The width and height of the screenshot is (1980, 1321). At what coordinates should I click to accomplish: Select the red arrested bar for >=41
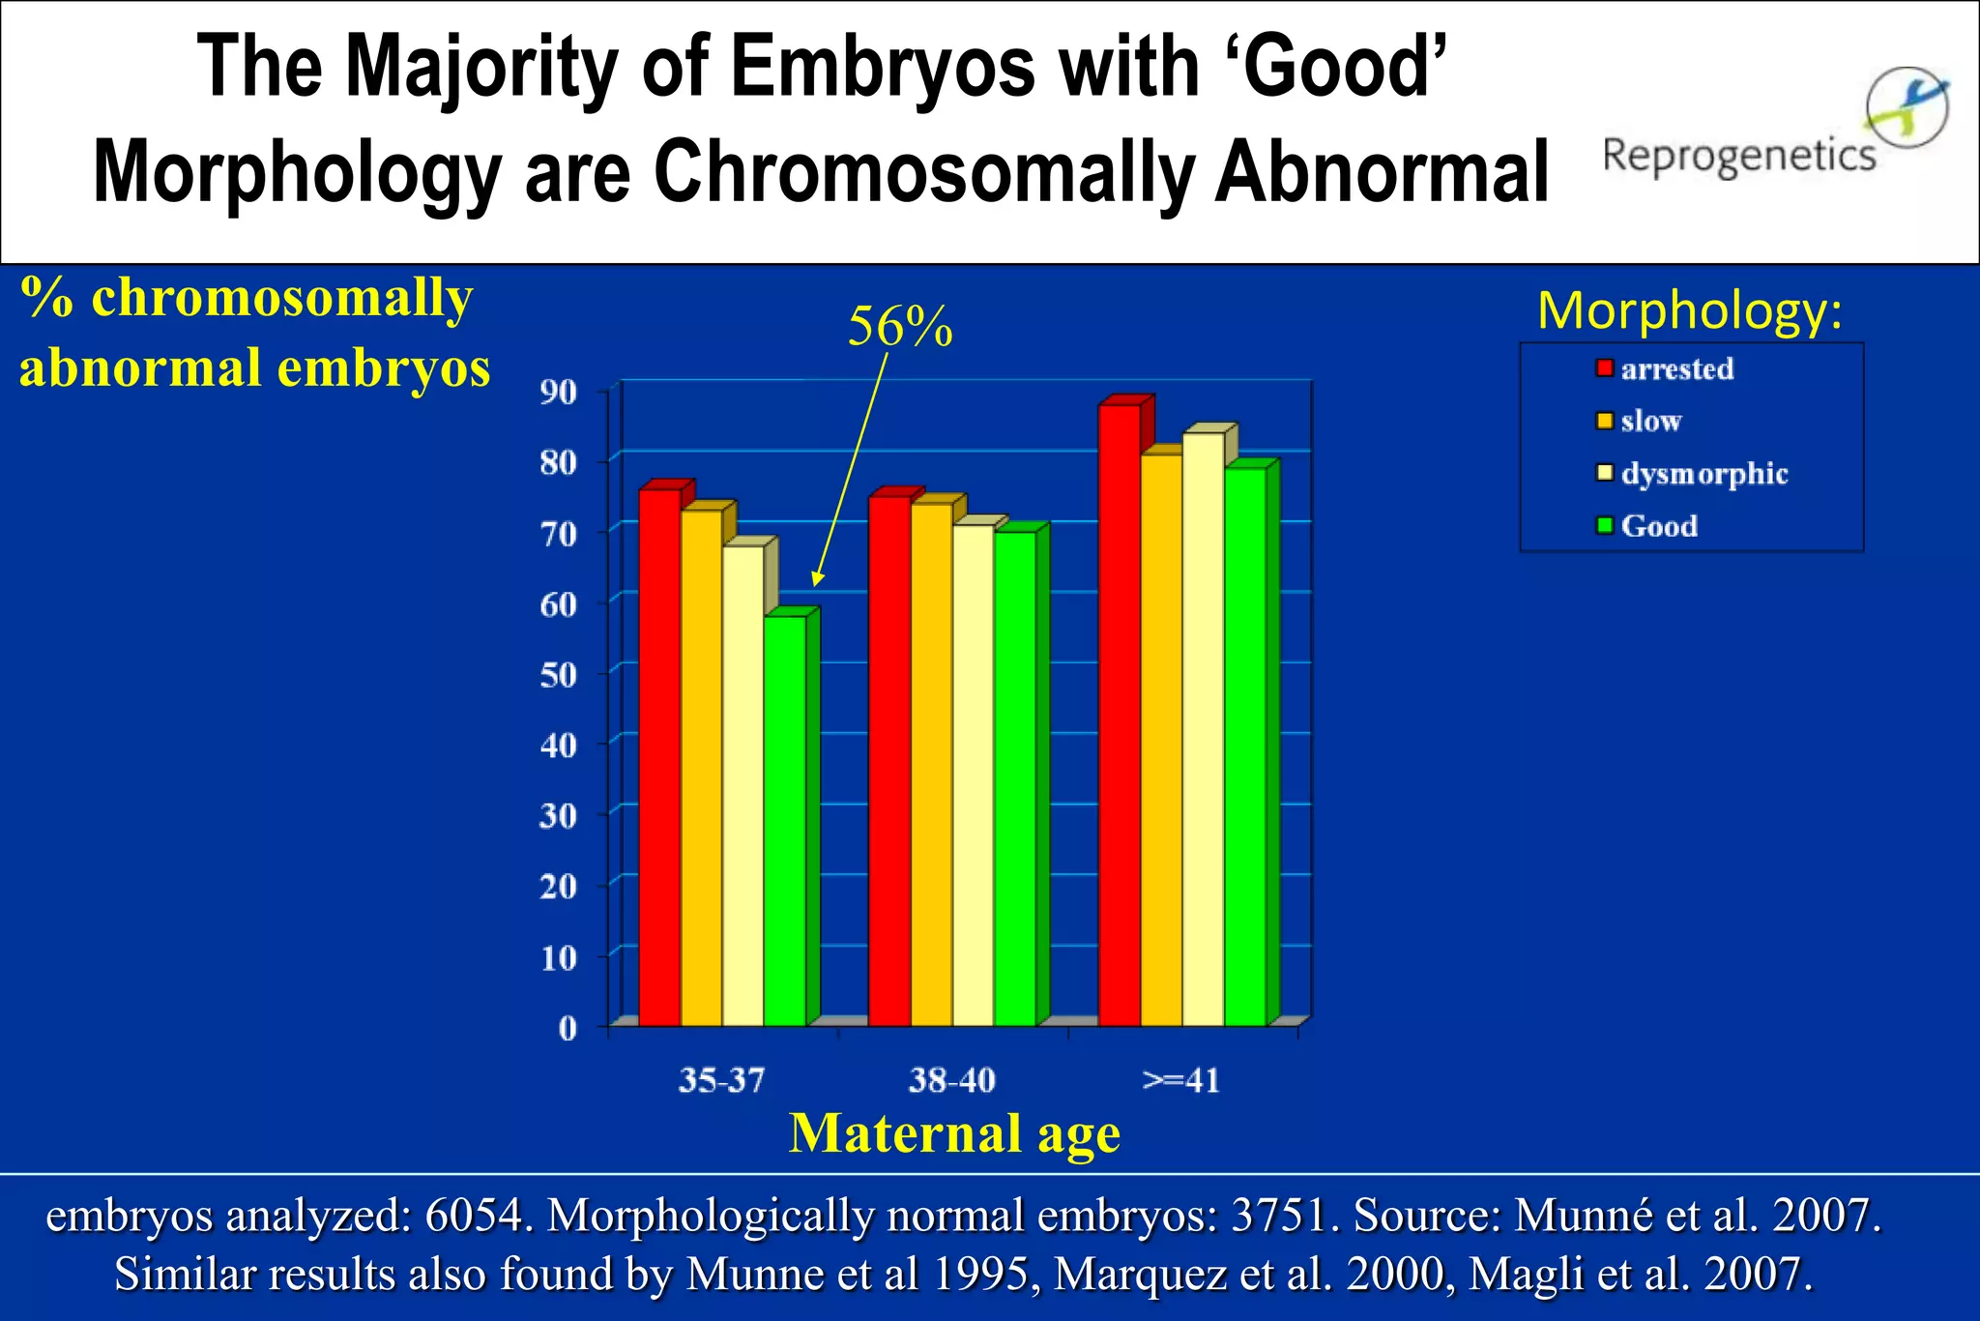point(1120,716)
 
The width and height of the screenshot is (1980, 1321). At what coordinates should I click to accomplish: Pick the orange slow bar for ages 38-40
point(931,764)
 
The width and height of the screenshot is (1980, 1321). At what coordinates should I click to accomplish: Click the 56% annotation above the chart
point(900,327)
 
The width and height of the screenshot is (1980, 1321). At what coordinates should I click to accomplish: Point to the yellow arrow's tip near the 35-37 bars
point(815,584)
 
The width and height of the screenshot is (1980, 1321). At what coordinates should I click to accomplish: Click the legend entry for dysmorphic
point(1703,474)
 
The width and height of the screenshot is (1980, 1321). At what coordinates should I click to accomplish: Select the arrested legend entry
point(1676,369)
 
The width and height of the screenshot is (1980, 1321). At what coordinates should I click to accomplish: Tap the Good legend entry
point(1659,526)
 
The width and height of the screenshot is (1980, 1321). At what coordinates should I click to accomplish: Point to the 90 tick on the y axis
point(559,393)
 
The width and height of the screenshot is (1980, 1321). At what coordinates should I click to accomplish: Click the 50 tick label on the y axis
point(559,675)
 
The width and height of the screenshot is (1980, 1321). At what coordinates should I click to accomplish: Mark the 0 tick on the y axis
point(568,1028)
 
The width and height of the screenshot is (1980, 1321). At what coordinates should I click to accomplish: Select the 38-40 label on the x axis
point(951,1080)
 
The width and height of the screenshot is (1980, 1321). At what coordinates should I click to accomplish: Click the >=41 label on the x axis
point(1181,1080)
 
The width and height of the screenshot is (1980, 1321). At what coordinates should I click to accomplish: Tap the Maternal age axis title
point(954,1133)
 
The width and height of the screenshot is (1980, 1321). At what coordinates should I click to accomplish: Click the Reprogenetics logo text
point(1738,155)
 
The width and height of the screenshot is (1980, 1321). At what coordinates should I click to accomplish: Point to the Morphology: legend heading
point(1690,311)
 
